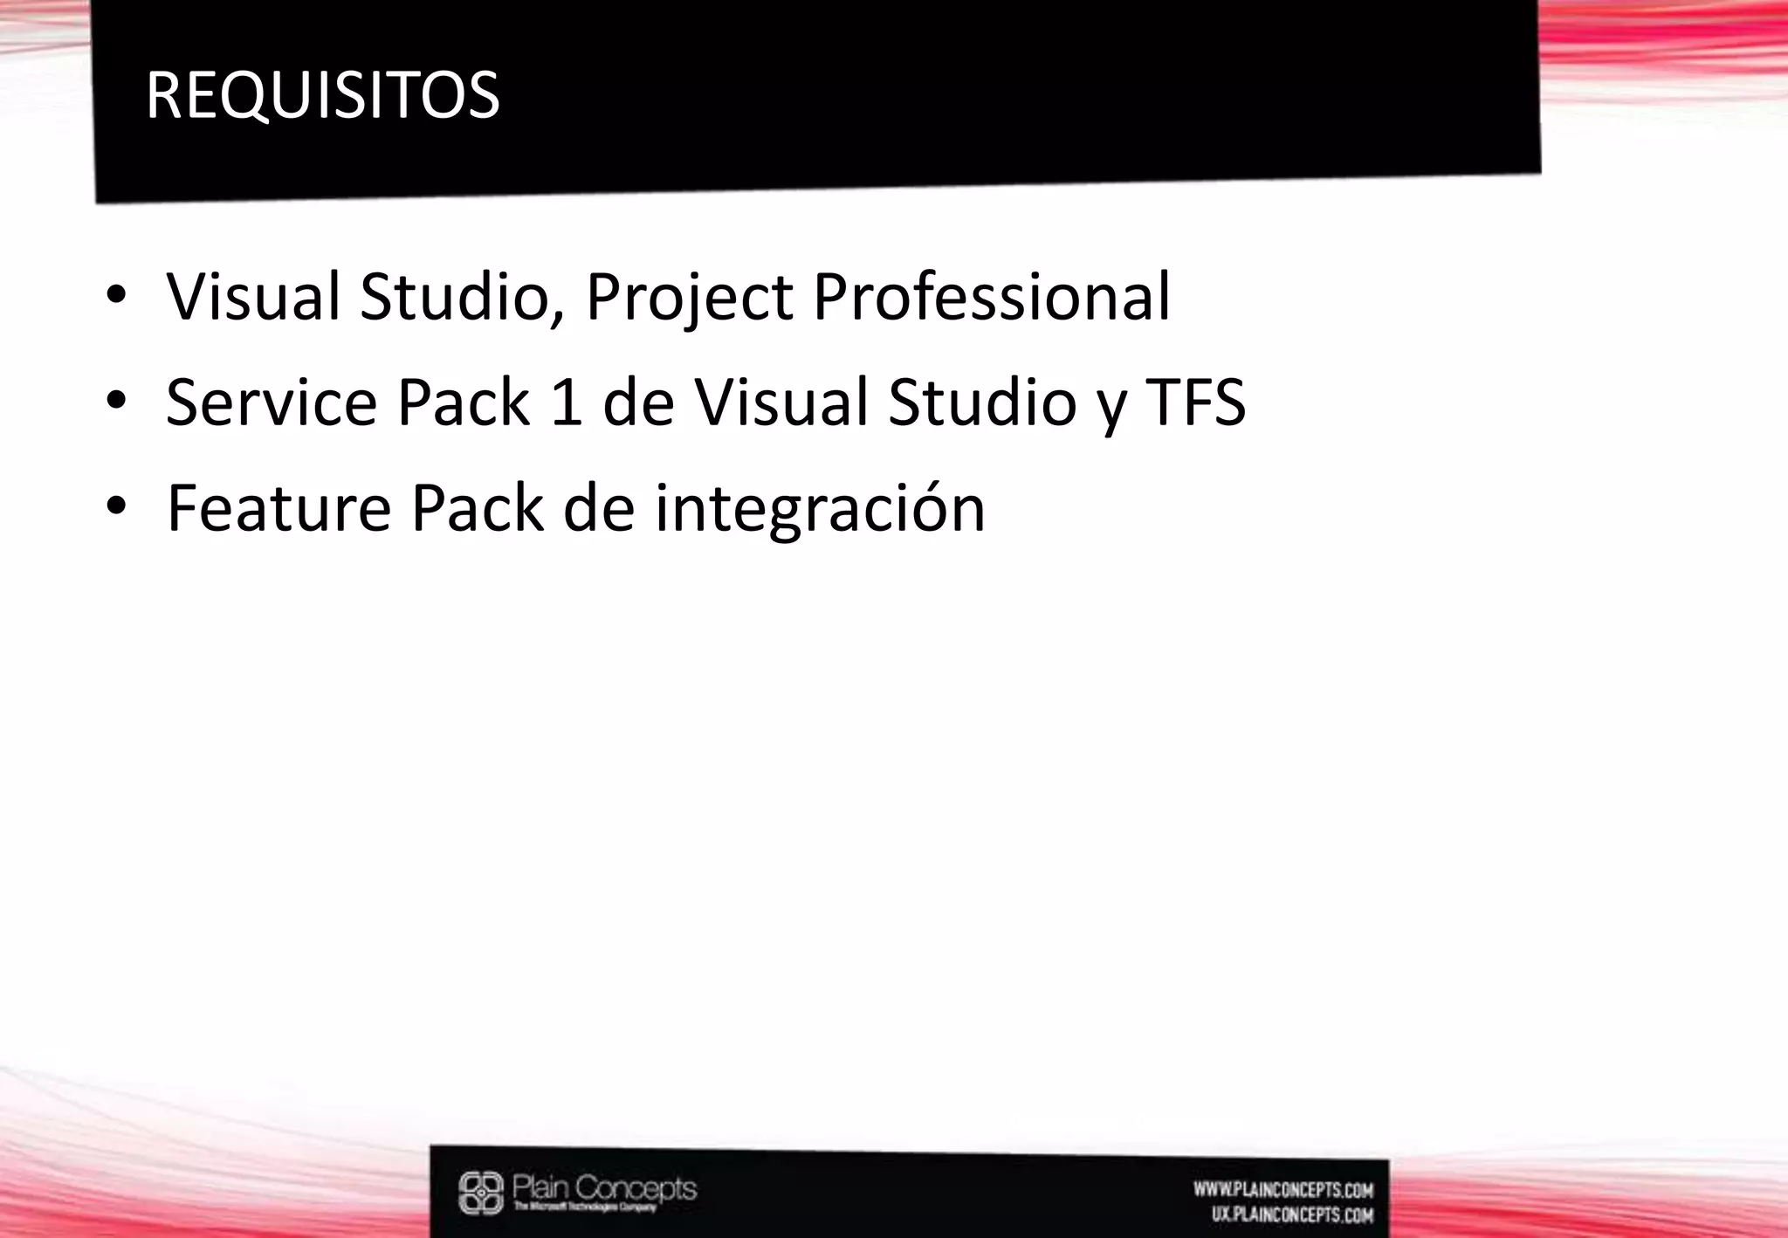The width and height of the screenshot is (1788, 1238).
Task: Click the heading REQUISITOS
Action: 322,95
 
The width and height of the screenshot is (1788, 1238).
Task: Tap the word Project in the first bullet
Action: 690,298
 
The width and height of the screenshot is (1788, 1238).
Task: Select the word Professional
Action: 991,298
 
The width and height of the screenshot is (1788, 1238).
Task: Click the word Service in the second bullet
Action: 271,402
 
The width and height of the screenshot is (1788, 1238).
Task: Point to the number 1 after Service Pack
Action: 567,402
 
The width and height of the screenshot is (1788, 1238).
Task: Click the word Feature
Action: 279,508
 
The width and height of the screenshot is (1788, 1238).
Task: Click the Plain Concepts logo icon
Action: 481,1193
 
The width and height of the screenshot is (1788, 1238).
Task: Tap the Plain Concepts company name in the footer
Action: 604,1188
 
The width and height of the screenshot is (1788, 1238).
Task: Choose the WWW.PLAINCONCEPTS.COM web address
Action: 1283,1189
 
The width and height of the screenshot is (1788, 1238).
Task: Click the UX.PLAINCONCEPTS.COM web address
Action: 1292,1214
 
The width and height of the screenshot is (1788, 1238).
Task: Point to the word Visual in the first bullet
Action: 253,298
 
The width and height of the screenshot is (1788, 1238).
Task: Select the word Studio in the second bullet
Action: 982,402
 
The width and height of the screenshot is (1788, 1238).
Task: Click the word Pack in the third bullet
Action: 477,508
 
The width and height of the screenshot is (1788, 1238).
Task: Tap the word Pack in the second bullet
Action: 463,402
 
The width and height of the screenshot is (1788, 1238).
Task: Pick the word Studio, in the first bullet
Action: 462,298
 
